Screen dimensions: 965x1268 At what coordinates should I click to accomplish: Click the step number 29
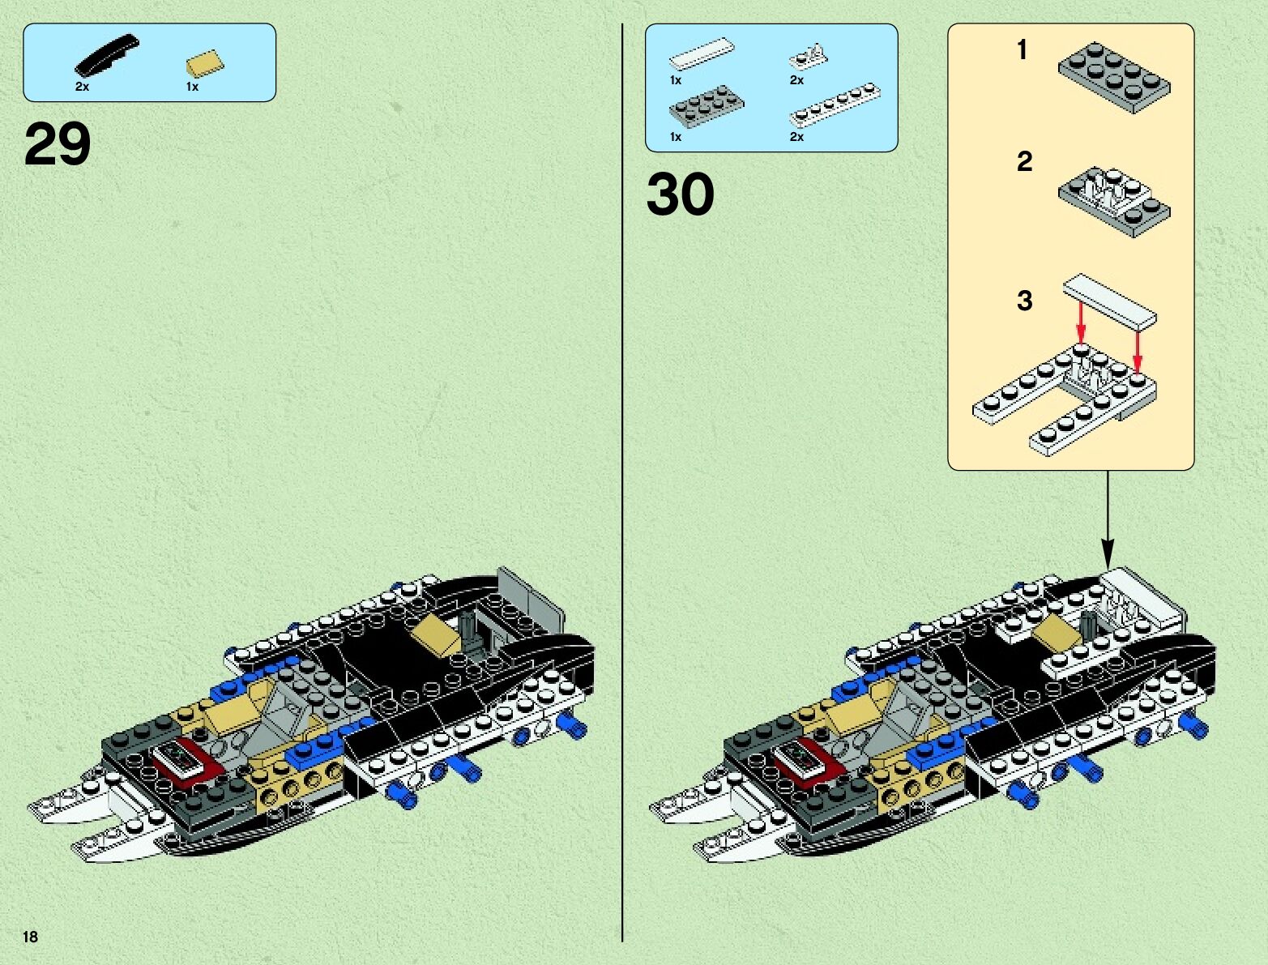pyautogui.click(x=58, y=144)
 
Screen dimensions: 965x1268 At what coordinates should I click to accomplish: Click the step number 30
pyautogui.click(x=680, y=194)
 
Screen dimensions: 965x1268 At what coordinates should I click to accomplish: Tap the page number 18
pyautogui.click(x=30, y=937)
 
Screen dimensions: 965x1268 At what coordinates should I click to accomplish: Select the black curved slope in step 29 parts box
pyautogui.click(x=106, y=55)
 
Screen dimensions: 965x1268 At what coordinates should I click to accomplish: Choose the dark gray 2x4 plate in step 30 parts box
pyautogui.click(x=707, y=105)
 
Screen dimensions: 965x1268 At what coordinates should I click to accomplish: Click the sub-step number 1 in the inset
pyautogui.click(x=1023, y=50)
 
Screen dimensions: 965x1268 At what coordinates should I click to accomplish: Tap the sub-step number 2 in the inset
pyautogui.click(x=1024, y=161)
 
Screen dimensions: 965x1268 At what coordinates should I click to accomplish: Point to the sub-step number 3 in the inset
pyautogui.click(x=1024, y=301)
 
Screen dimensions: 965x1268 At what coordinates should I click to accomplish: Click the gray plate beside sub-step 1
pyautogui.click(x=1114, y=76)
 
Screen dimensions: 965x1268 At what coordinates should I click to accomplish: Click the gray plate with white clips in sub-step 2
pyautogui.click(x=1114, y=200)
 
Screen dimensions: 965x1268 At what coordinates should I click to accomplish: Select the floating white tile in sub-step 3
pyautogui.click(x=1109, y=299)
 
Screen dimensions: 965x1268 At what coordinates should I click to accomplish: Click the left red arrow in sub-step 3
pyautogui.click(x=1080, y=322)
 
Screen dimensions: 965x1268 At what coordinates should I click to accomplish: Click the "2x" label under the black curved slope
pyautogui.click(x=82, y=87)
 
